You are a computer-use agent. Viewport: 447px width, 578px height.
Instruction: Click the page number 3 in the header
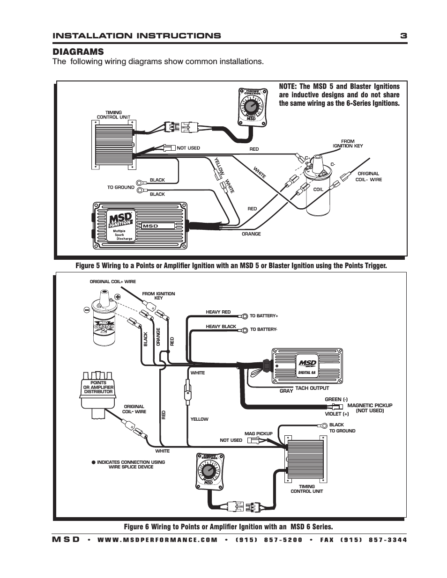[x=403, y=36]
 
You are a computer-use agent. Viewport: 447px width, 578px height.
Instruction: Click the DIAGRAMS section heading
[x=78, y=51]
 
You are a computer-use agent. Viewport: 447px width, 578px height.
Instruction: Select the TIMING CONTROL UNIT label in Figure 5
[x=113, y=115]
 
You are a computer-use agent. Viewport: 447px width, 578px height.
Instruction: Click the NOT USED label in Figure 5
[x=188, y=148]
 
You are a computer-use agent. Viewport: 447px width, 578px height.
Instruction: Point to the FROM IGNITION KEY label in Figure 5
[x=348, y=143]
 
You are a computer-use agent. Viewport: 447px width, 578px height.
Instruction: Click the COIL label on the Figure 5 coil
[x=318, y=190]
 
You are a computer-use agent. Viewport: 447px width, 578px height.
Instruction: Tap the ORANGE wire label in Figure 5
[x=251, y=234]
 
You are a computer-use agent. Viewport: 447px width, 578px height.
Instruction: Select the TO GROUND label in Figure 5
[x=120, y=187]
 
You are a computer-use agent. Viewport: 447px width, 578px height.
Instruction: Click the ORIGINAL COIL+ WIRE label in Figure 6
[x=112, y=282]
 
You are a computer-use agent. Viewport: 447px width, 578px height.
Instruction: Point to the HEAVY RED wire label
[x=218, y=312]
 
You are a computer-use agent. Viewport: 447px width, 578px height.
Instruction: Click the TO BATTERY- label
[x=263, y=329]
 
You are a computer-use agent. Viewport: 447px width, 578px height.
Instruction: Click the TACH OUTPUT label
[x=312, y=388]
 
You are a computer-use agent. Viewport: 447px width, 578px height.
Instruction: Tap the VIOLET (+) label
[x=336, y=414]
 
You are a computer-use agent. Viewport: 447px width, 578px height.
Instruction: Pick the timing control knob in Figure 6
[x=209, y=470]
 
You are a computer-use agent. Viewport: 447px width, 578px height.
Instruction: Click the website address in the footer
[x=157, y=540]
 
